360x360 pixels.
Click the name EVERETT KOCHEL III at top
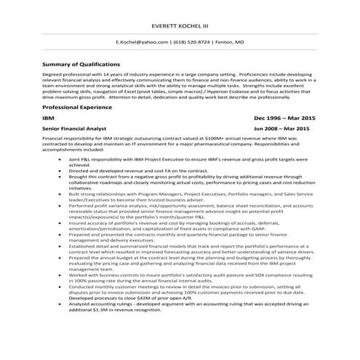[x=180, y=27]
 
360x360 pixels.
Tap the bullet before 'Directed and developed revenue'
[x=59, y=169]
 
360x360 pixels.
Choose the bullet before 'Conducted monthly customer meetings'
[x=59, y=287]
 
